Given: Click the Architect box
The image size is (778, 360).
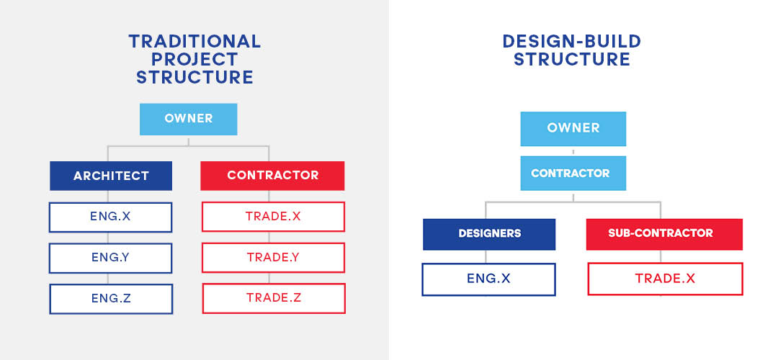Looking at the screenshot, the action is click(x=111, y=176).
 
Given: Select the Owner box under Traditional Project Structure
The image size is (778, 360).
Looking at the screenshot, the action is click(x=189, y=119).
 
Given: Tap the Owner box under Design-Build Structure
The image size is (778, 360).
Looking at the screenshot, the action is click(x=573, y=128).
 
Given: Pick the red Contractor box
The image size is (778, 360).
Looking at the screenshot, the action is click(x=272, y=176).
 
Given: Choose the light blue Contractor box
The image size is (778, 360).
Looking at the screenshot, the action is click(x=573, y=173).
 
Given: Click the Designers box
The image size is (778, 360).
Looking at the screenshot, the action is click(x=489, y=234).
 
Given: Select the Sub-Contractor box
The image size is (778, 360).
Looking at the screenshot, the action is click(x=664, y=234).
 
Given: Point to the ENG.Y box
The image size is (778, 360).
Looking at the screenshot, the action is click(x=111, y=258).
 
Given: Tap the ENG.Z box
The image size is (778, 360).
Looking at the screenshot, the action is click(x=111, y=299).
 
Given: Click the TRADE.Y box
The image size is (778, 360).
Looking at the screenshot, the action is click(x=274, y=257).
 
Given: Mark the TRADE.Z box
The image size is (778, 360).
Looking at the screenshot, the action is click(x=274, y=298).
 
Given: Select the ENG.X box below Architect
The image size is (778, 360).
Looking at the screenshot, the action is click(x=111, y=217).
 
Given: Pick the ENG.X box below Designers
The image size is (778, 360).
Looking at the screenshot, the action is click(x=488, y=279).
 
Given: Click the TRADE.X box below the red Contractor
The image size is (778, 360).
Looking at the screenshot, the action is click(x=274, y=217).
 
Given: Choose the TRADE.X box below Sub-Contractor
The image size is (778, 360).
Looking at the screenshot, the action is click(x=666, y=279).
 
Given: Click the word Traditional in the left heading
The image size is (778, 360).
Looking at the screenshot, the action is click(x=194, y=41).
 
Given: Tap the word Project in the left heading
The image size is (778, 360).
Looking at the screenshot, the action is click(x=194, y=60).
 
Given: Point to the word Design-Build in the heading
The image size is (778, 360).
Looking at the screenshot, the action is click(x=571, y=41).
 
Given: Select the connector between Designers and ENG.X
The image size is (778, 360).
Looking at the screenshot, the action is click(x=486, y=257).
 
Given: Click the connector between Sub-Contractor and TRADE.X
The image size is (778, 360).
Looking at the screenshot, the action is click(x=661, y=256).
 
